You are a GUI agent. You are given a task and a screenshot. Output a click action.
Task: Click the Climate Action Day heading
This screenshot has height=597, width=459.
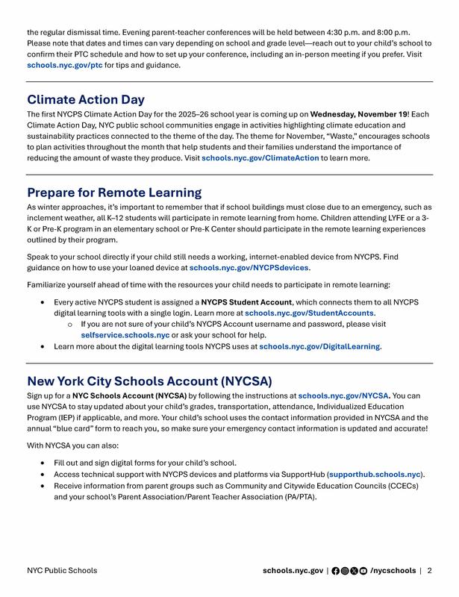pos(86,99)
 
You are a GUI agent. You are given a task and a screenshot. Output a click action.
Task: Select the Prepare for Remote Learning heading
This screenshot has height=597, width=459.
pos(114,193)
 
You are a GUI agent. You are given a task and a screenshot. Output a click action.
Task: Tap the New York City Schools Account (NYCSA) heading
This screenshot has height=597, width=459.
pos(149,381)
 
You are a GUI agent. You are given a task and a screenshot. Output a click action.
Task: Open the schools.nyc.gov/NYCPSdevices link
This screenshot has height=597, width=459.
pos(249,267)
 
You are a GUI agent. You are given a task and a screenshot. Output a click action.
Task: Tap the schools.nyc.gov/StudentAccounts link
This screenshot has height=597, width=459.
pos(309,313)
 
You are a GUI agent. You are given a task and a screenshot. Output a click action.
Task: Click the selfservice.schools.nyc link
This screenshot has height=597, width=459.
pos(125,336)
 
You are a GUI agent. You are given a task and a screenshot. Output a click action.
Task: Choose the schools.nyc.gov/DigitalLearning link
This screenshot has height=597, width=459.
pos(319,346)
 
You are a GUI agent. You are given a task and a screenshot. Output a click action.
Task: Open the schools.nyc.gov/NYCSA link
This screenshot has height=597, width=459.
pos(343,395)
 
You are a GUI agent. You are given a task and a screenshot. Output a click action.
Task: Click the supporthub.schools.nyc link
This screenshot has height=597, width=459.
pos(375,474)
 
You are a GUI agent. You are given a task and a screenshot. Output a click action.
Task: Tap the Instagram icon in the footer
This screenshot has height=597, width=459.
pos(345,571)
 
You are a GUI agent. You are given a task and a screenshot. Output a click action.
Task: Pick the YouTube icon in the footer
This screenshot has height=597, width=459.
pos(363,571)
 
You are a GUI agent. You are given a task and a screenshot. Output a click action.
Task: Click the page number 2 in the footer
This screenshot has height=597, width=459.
pos(430,571)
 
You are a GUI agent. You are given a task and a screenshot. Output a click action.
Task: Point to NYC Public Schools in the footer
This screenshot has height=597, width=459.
pos(62,571)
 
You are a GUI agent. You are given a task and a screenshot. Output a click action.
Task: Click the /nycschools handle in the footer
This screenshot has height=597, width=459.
pos(393,571)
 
